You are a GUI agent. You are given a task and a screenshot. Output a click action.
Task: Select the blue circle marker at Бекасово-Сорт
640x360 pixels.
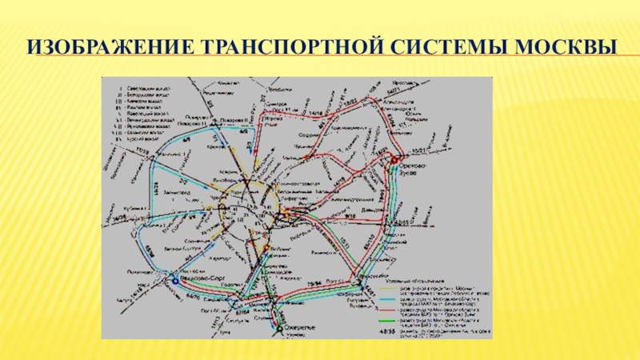point(174,282)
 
